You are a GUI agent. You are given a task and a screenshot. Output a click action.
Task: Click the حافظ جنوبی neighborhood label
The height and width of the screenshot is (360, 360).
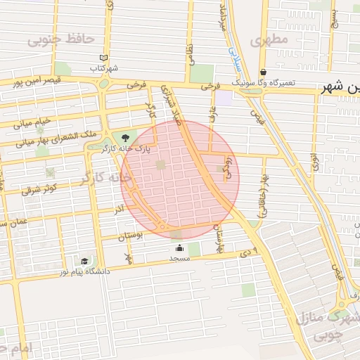61,39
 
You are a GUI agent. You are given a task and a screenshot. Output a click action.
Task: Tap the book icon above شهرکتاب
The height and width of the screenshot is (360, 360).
104,58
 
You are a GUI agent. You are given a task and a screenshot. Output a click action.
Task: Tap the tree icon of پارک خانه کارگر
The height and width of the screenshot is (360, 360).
126,137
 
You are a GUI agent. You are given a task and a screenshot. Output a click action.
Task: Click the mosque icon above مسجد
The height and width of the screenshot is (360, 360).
179,247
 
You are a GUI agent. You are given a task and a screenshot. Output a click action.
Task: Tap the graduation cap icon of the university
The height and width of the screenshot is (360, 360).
84,261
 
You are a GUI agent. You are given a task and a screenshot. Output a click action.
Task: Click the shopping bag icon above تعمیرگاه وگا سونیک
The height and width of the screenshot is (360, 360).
263,72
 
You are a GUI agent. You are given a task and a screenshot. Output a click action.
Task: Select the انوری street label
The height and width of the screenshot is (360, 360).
314,163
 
